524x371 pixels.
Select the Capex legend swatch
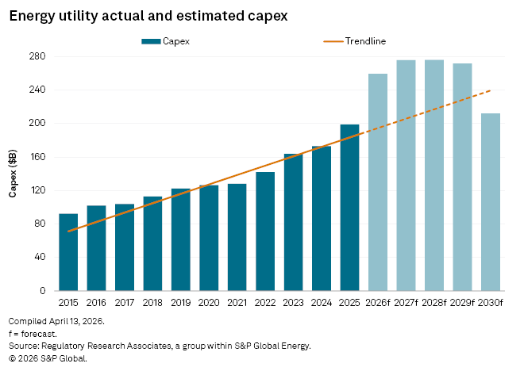(151, 40)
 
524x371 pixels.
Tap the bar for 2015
(68, 252)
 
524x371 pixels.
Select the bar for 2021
(237, 237)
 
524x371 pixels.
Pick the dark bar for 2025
(350, 208)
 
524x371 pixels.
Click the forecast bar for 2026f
(378, 182)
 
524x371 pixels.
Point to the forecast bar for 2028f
(434, 175)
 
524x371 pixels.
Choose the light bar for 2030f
(491, 202)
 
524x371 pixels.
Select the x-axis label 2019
(181, 303)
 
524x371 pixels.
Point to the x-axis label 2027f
(406, 303)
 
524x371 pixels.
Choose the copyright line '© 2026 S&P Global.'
(47, 358)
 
